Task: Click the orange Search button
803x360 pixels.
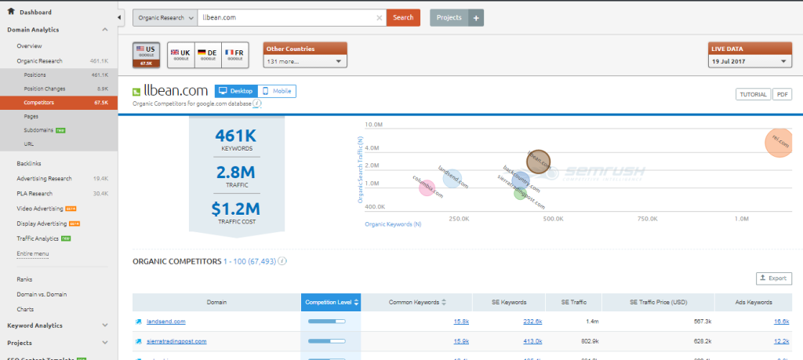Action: click(x=403, y=17)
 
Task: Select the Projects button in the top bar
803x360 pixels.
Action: click(x=449, y=17)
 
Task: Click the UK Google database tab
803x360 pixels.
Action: click(x=180, y=54)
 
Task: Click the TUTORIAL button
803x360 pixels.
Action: click(x=752, y=94)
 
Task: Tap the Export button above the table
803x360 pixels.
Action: click(x=774, y=278)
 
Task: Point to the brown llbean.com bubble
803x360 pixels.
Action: click(x=538, y=162)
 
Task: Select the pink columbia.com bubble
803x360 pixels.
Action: click(x=427, y=188)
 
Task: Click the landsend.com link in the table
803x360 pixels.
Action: click(x=166, y=321)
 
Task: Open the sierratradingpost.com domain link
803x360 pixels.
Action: click(x=176, y=341)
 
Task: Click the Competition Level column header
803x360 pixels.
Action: click(x=330, y=302)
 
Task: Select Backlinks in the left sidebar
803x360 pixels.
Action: click(x=29, y=163)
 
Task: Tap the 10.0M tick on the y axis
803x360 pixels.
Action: click(x=373, y=125)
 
